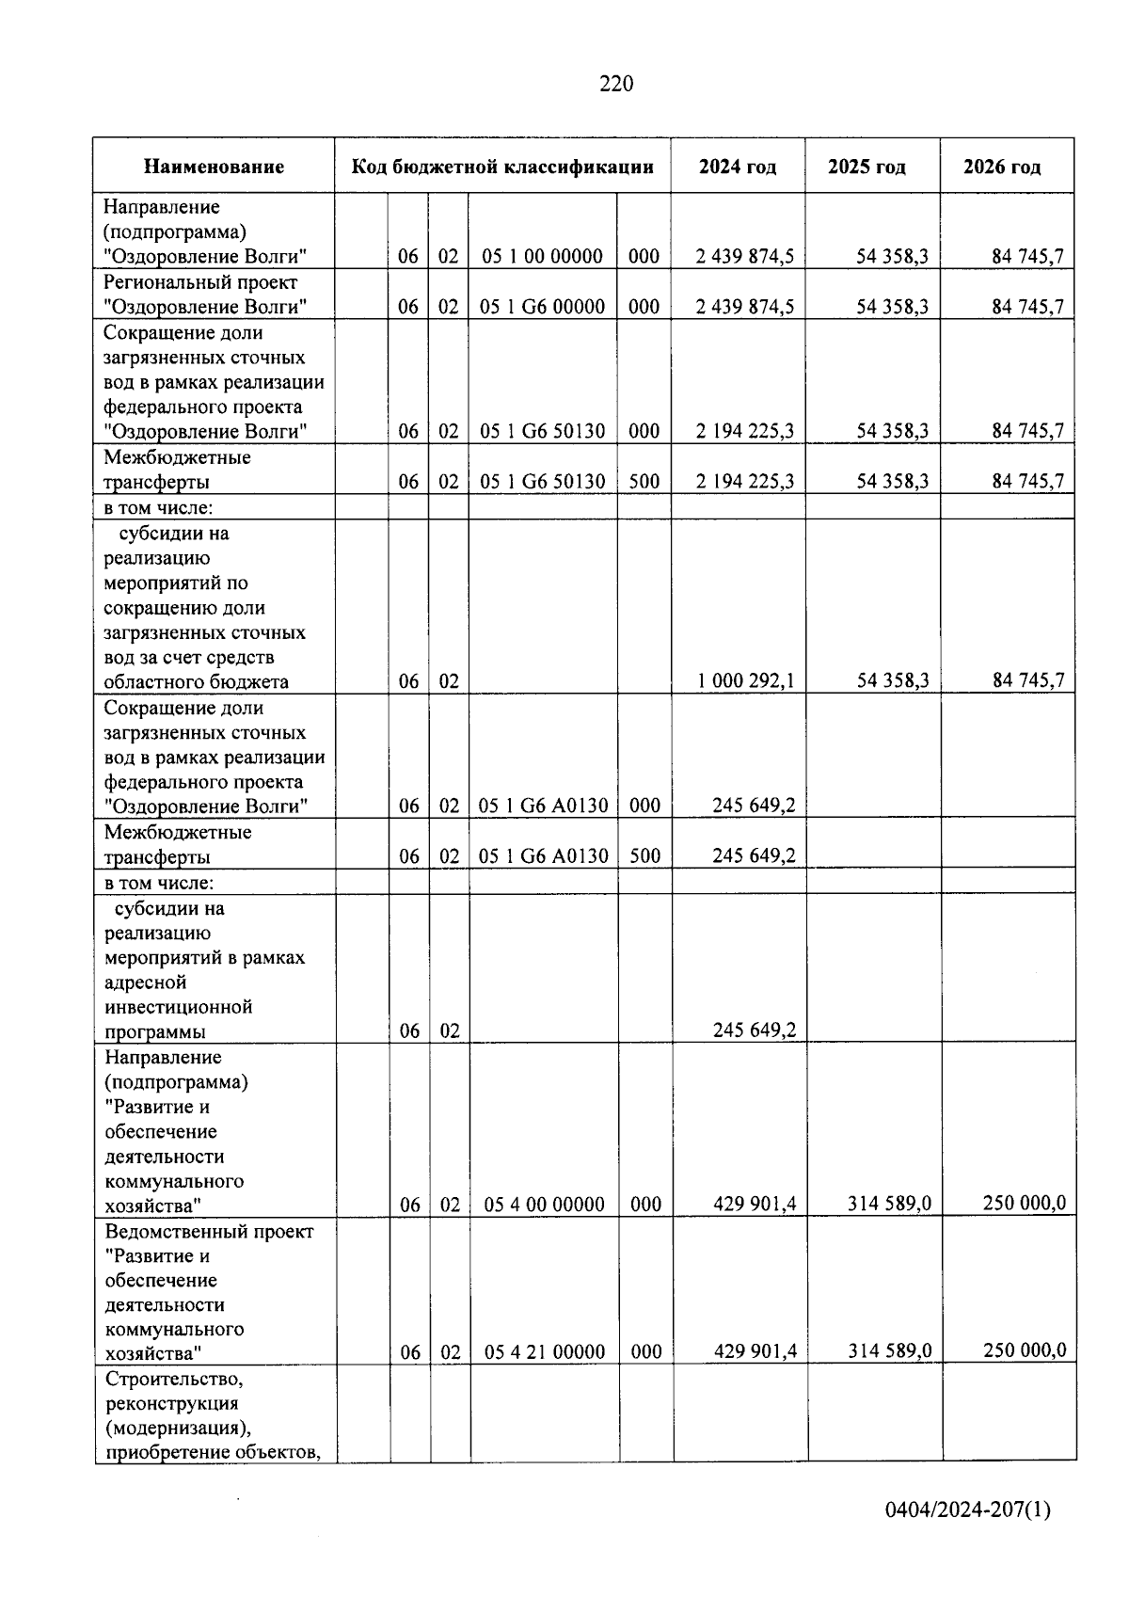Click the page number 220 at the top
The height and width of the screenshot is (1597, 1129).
[x=616, y=84]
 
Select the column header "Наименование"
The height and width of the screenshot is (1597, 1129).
[x=214, y=167]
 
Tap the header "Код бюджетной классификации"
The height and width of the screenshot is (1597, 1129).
[x=502, y=167]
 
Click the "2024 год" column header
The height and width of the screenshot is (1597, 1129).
[x=738, y=167]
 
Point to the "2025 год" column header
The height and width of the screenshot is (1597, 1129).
[x=867, y=167]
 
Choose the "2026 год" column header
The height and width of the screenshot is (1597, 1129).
[x=1002, y=167]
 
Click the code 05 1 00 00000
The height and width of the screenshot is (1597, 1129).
[x=541, y=256]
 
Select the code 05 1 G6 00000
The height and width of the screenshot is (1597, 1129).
[x=542, y=307]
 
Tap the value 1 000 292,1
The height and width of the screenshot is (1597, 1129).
[x=745, y=680]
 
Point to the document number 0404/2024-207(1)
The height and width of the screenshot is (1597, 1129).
[x=967, y=1510]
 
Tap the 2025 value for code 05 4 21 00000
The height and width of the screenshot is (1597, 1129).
[x=890, y=1351]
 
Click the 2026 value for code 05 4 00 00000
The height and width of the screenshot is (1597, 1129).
[x=1025, y=1204]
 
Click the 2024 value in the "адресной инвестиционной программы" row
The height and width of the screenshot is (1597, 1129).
[x=754, y=1030]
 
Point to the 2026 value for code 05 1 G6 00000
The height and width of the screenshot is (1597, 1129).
[x=1027, y=307]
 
